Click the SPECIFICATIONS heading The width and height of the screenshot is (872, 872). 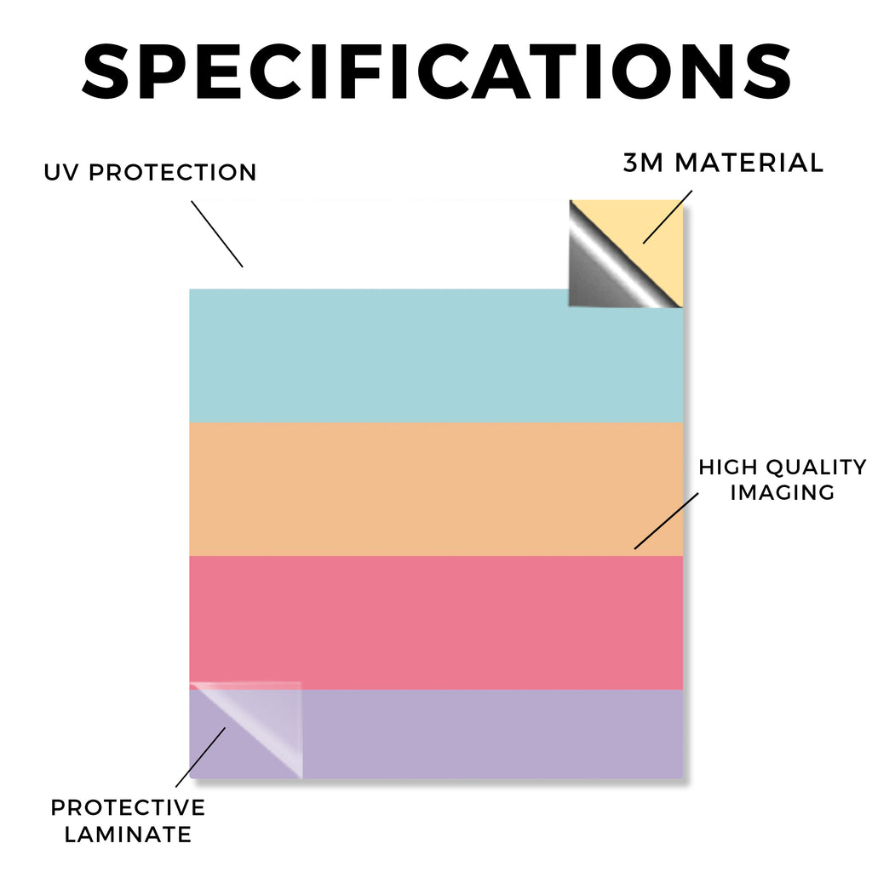tap(437, 72)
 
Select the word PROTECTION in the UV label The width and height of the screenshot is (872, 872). tap(172, 172)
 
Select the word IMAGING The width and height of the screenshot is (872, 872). tap(783, 492)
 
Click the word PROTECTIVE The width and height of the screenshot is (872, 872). tap(128, 807)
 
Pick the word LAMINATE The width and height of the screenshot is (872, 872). tap(128, 835)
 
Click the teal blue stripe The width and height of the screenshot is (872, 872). tap(436, 356)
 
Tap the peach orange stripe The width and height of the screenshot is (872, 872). tap(436, 490)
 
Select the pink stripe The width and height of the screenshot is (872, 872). tap(436, 622)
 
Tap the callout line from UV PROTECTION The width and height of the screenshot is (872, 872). tap(217, 234)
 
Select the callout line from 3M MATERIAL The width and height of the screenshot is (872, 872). tap(668, 217)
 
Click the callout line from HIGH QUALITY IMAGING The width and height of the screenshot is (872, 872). tap(666, 520)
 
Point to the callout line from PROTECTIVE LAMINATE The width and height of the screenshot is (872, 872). tap(200, 757)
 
